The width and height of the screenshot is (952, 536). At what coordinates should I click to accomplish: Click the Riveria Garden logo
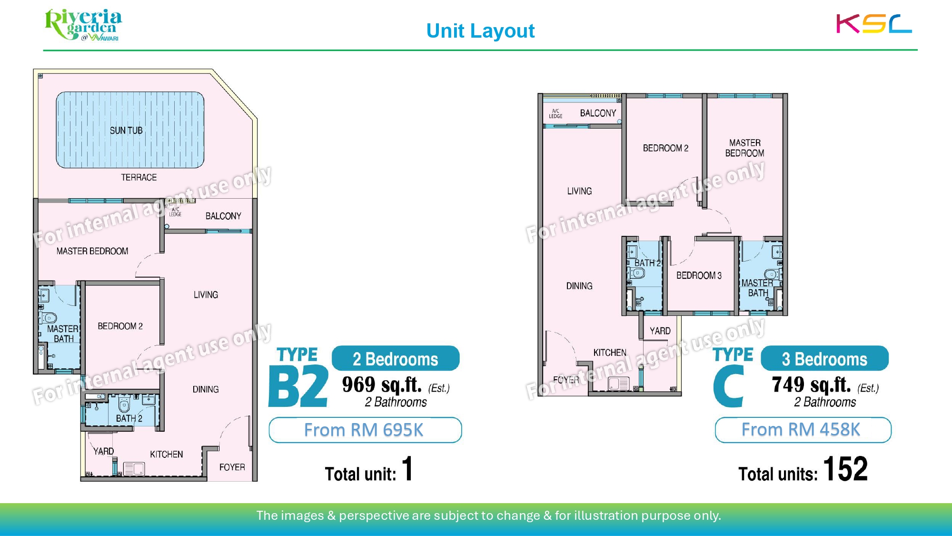[83, 25]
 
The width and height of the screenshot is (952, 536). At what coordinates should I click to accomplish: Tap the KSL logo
[874, 23]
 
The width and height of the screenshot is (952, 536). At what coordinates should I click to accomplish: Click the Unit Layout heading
[480, 31]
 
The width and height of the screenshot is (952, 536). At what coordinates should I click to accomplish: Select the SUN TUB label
[126, 131]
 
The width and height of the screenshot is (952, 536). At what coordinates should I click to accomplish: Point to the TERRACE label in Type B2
[139, 177]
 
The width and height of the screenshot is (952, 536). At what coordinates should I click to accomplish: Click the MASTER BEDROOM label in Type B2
[92, 251]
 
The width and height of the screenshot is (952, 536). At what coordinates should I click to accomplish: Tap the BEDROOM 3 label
[699, 275]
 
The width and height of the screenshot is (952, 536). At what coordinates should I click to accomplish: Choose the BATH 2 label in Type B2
[129, 418]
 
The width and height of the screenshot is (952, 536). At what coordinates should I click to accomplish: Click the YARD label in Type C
[660, 331]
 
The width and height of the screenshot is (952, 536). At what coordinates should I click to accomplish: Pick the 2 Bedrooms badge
[396, 359]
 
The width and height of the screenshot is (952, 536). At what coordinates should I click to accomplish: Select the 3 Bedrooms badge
[824, 359]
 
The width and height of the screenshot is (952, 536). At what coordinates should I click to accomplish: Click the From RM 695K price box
[365, 430]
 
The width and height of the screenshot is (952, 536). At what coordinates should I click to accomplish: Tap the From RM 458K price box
[803, 430]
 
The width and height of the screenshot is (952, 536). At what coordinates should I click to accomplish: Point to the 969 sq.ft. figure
[382, 384]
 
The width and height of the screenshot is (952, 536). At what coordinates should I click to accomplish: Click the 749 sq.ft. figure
[811, 384]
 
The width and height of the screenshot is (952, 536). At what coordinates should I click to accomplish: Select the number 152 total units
[845, 469]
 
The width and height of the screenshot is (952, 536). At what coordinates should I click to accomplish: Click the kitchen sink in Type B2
[134, 469]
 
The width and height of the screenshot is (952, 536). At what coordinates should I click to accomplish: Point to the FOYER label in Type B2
[232, 467]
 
